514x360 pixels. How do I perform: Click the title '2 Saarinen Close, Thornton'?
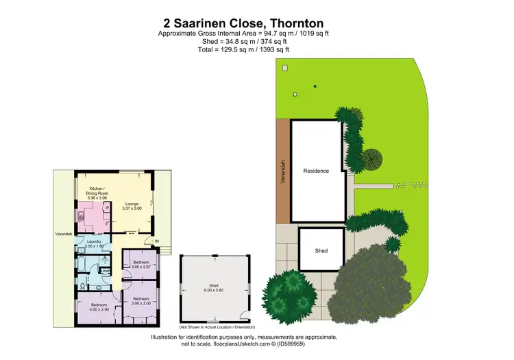pos(243,23)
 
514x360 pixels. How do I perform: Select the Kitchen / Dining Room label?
pos(96,193)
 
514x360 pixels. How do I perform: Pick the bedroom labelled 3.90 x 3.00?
pos(141,301)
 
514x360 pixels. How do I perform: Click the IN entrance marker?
pos(156,241)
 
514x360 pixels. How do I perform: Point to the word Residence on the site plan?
pos(316,171)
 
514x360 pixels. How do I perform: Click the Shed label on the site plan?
pos(321,251)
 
